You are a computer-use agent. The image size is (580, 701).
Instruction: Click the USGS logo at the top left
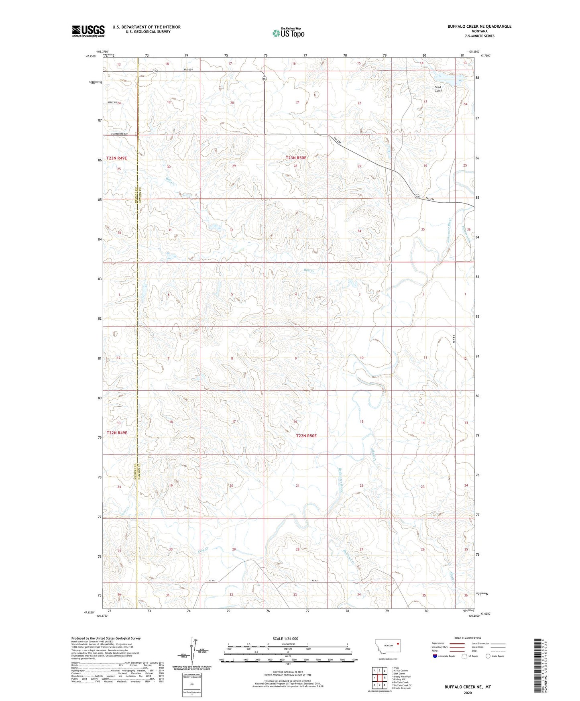(88, 31)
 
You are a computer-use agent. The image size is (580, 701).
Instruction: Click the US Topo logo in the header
(288, 33)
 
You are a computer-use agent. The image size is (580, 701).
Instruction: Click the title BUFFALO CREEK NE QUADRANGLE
(479, 26)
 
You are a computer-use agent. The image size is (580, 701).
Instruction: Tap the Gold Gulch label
(438, 89)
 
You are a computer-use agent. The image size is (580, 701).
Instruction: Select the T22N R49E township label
(117, 433)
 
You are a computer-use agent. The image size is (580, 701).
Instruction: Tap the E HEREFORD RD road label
(116, 134)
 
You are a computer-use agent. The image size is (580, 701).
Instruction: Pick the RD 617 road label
(212, 581)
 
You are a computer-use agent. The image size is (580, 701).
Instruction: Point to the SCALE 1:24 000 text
(288, 638)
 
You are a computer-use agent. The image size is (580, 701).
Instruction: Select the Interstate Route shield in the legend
(435, 656)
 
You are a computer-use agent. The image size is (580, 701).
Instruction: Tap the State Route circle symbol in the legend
(488, 656)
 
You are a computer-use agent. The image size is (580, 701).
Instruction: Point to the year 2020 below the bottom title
(467, 693)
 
